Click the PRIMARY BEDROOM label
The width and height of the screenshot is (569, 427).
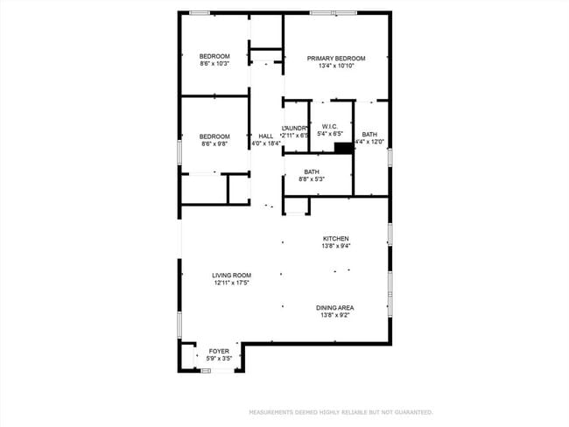click(336, 59)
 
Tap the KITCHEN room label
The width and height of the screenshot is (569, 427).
click(336, 239)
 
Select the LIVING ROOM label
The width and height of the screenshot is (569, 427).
click(232, 276)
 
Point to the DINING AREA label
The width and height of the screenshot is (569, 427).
click(336, 307)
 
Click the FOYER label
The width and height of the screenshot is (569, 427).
click(219, 351)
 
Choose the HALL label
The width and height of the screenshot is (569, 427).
click(266, 136)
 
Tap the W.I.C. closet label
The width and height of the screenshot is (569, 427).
click(330, 126)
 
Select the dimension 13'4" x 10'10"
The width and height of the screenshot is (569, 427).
click(336, 66)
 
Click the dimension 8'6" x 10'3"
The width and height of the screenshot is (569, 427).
click(214, 64)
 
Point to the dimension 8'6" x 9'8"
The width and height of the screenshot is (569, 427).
click(214, 143)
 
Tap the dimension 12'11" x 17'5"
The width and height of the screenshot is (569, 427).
click(232, 283)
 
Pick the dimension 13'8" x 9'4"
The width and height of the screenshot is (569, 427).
click(336, 247)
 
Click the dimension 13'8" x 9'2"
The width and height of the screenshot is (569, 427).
click(336, 315)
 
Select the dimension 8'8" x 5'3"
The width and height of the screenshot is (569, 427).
click(312, 179)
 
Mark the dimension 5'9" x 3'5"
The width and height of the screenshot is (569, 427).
click(219, 359)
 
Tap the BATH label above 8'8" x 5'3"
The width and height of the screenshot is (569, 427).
click(312, 171)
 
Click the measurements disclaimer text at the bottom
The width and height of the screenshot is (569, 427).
click(341, 411)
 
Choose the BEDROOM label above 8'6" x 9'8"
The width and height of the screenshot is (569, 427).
click(214, 136)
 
